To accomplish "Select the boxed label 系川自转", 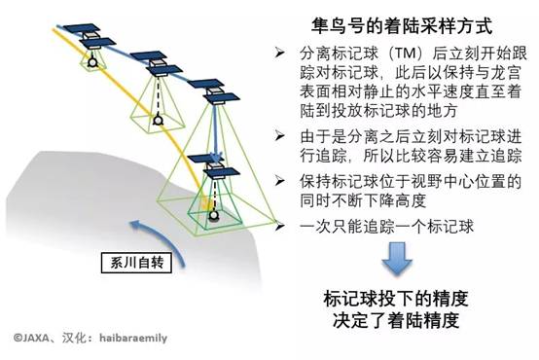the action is pyautogui.click(x=126, y=261).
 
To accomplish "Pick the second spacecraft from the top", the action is pyautogui.click(x=155, y=64).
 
